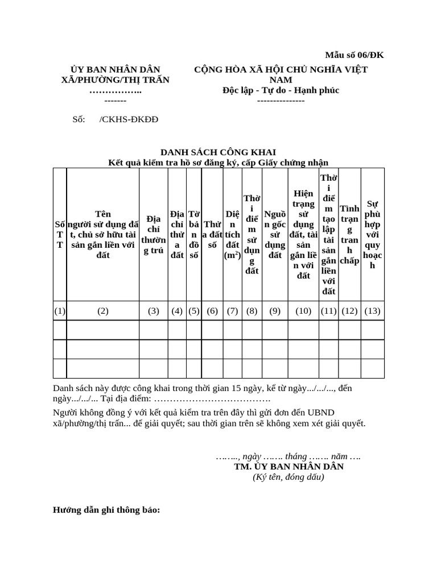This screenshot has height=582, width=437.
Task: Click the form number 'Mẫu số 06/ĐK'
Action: click(354, 55)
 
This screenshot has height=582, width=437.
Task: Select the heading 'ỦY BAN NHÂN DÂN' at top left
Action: click(115, 69)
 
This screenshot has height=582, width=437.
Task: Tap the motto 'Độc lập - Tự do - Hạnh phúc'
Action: click(281, 90)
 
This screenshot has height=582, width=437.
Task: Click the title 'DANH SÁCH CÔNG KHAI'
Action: click(218, 152)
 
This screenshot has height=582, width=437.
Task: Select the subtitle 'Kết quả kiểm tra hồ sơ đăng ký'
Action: click(218, 163)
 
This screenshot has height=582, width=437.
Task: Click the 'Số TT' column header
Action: click(60, 235)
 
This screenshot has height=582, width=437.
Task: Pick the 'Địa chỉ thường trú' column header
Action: click(153, 235)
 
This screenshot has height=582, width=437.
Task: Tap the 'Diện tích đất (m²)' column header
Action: click(232, 235)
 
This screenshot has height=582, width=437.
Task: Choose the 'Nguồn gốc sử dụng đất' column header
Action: click(275, 235)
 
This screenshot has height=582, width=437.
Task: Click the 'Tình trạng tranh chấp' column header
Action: click(349, 235)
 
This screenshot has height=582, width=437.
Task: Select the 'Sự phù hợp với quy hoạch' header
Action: click(373, 235)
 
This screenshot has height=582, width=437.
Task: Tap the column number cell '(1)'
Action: click(60, 311)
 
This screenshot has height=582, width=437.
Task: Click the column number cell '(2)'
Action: click(102, 311)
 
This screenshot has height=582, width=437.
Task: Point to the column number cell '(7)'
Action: click(232, 311)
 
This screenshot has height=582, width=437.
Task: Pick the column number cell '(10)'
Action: click(303, 311)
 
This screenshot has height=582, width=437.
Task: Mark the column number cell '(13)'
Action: click(373, 311)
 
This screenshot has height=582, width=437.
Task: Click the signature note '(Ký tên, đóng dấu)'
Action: click(288, 477)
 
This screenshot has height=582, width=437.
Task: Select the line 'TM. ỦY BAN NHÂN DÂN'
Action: click(288, 467)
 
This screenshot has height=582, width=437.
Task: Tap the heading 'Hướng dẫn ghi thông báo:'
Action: click(106, 510)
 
